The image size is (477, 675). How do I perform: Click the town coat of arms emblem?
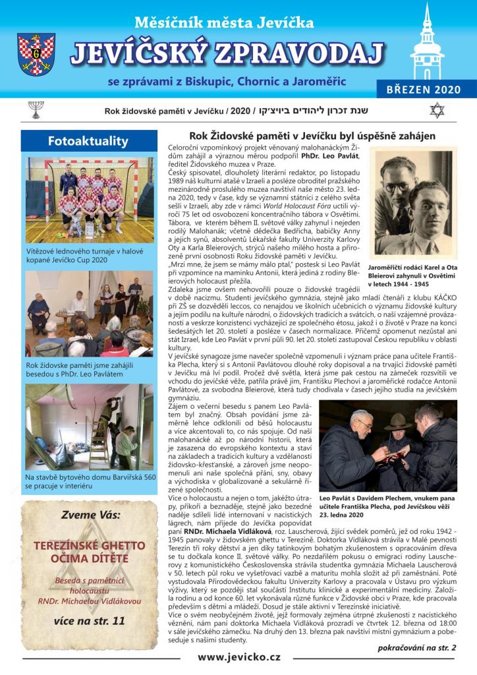pyautogui.click(x=36, y=55)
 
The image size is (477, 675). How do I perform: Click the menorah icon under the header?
pyautogui.click(x=35, y=109)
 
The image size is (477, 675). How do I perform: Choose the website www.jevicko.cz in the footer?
pyautogui.click(x=239, y=657)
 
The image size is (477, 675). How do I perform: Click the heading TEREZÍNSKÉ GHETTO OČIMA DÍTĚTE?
pyautogui.click(x=89, y=552)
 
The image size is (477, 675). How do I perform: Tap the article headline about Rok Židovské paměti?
pyautogui.click(x=302, y=136)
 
